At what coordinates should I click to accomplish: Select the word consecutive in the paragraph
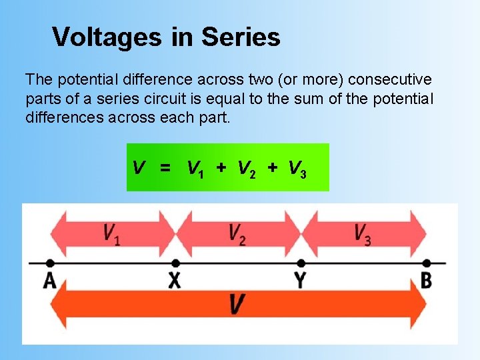pos(390,80)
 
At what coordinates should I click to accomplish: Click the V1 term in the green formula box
pos(195,168)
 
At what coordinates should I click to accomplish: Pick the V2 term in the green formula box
pos(247,168)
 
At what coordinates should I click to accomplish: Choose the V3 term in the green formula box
pos(297,168)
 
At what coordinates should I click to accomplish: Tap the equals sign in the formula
pos(165,168)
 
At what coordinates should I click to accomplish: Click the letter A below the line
pos(50,280)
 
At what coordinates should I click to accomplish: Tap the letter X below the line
pos(175,280)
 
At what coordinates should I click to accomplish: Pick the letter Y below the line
pos(301,280)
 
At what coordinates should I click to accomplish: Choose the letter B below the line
pos(426,280)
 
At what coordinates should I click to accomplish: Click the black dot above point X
pos(175,262)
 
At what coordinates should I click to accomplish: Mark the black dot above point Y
pos(301,262)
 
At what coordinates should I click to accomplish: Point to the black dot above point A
pos(50,262)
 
